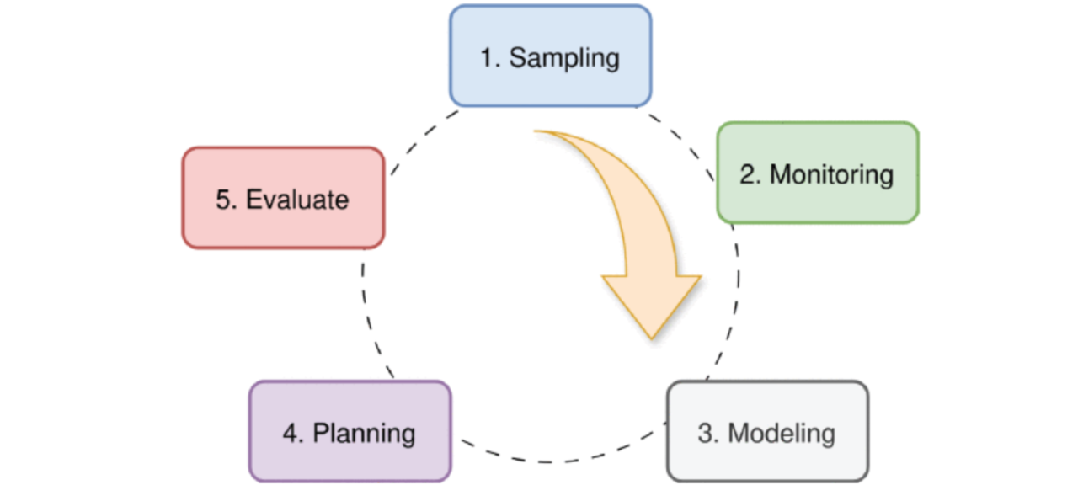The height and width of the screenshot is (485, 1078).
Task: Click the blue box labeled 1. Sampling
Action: (550, 56)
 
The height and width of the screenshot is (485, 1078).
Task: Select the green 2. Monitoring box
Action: (817, 173)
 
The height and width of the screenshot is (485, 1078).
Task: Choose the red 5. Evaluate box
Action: (283, 198)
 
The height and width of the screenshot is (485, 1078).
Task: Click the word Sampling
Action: (564, 58)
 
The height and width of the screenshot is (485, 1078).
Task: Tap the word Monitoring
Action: (831, 174)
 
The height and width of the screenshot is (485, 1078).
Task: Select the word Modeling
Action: (782, 433)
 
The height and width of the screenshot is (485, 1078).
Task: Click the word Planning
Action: (364, 433)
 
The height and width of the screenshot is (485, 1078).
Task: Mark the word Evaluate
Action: (296, 200)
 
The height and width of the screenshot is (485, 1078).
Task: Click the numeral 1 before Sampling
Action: (487, 58)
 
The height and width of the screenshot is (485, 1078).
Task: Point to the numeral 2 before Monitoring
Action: (747, 174)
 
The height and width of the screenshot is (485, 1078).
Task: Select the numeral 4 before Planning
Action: (291, 433)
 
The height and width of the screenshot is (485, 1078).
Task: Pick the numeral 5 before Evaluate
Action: (223, 200)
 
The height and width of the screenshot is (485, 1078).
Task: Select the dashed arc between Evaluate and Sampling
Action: (421, 135)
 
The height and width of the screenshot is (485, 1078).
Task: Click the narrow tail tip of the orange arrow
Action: (537, 131)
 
